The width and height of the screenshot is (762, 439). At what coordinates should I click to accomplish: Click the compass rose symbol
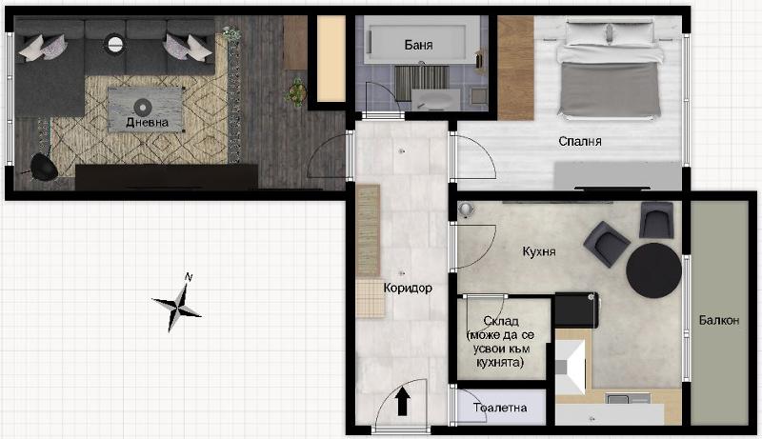click(x=177, y=303)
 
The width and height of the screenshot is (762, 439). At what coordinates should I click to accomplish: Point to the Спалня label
click(x=580, y=141)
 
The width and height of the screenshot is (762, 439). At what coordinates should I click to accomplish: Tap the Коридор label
click(x=408, y=288)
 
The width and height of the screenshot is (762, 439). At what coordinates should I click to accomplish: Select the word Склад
click(x=501, y=321)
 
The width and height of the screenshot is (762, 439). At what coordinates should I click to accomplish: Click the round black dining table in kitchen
click(x=653, y=269)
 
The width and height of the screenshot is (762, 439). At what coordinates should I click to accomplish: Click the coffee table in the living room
click(x=145, y=103)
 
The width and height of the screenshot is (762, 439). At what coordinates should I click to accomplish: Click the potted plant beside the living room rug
click(x=297, y=92)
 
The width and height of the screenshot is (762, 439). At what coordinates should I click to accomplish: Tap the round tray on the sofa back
click(x=115, y=42)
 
